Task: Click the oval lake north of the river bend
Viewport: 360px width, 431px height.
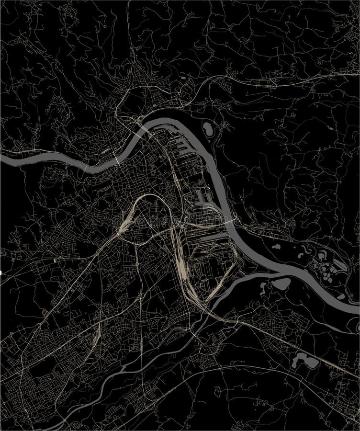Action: (x=209, y=129)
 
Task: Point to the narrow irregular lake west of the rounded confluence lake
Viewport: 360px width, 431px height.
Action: (x=264, y=289)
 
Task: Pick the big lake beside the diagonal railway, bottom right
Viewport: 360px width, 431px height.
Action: (x=307, y=360)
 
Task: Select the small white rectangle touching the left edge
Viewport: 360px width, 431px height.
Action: (x=1, y=272)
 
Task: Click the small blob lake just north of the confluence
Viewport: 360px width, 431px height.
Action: (x=276, y=247)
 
